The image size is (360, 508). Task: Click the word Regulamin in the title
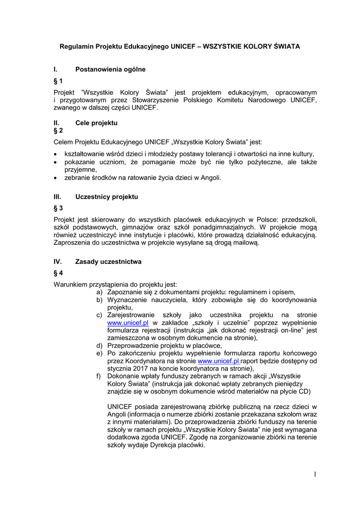tap(76, 46)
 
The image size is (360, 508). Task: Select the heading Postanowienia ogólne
tap(110, 69)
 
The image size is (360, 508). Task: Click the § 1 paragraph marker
tap(58, 81)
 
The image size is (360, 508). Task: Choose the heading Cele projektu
tap(96, 123)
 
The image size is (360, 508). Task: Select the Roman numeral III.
tap(57, 197)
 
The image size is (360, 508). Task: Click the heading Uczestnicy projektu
tap(106, 197)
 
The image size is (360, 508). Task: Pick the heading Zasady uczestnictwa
tap(108, 261)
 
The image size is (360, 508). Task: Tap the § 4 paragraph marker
tap(58, 273)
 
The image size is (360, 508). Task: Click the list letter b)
tap(100, 300)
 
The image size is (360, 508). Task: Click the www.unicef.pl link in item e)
tap(218, 361)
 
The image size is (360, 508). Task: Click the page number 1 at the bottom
tap(314, 475)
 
